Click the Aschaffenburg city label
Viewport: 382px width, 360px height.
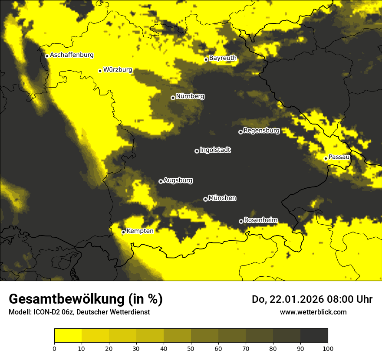point(72,55)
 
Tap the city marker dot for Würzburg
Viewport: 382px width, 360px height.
point(100,71)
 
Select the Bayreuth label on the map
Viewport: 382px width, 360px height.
point(223,58)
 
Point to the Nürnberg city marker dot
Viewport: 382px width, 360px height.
point(173,98)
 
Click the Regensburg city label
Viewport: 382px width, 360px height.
point(261,130)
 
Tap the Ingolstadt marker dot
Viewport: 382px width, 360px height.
point(197,151)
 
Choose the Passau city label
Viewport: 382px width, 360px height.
point(339,157)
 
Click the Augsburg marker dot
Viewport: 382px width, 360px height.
point(161,181)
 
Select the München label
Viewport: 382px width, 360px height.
point(222,198)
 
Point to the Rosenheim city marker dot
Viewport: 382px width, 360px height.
point(241,222)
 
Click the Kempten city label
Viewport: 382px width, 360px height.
point(140,231)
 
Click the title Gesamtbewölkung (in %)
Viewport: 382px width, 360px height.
point(86,299)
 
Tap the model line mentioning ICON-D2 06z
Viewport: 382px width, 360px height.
point(79,312)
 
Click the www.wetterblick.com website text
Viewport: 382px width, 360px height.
point(313,312)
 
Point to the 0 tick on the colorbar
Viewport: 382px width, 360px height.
point(54,348)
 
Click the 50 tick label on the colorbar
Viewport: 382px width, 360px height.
point(191,348)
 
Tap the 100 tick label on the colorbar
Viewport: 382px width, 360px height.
point(328,348)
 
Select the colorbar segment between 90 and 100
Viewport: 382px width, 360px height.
point(314,335)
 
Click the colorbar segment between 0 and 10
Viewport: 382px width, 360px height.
point(68,335)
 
